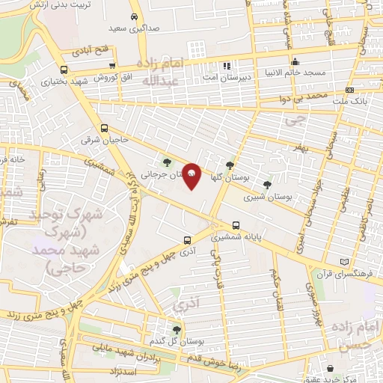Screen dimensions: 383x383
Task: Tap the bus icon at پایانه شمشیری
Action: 236,224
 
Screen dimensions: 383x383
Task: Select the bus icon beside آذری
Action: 187,240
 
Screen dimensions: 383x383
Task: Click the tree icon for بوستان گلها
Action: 230,166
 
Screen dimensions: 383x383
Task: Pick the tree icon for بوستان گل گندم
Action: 177,329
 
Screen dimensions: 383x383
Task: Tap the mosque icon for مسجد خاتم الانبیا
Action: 296,61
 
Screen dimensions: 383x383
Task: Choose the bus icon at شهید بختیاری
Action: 63,70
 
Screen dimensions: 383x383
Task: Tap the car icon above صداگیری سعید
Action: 133,17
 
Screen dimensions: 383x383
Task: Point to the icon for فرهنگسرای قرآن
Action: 344,262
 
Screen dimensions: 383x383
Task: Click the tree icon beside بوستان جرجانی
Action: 168,161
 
